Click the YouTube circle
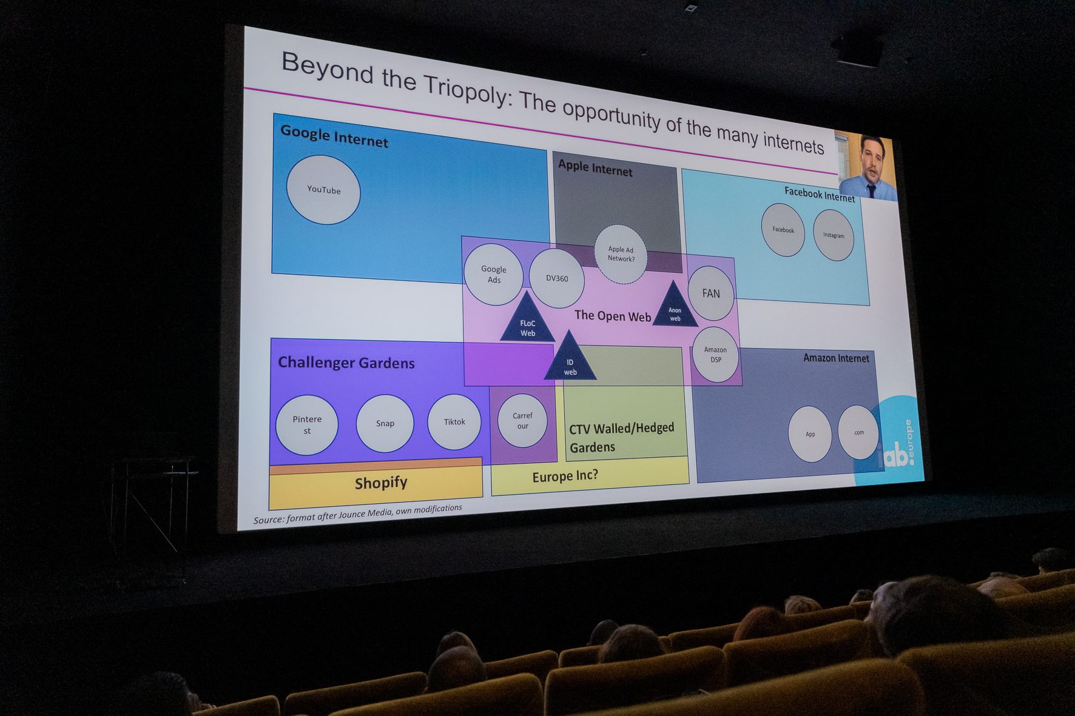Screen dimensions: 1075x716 click(323, 190)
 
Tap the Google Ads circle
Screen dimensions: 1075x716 click(494, 274)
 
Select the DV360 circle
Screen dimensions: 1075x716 click(557, 278)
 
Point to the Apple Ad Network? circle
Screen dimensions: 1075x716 click(621, 254)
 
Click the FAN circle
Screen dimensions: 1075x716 click(711, 293)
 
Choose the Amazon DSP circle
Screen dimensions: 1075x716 click(715, 355)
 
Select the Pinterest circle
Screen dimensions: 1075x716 click(307, 424)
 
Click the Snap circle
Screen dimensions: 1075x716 click(385, 423)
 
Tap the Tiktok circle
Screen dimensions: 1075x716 click(454, 422)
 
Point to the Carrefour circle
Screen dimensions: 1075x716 click(522, 420)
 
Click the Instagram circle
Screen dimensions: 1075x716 click(834, 235)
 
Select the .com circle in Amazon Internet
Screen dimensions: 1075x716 click(858, 432)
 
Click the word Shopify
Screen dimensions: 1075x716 click(381, 483)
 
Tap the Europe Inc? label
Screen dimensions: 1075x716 click(565, 476)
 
